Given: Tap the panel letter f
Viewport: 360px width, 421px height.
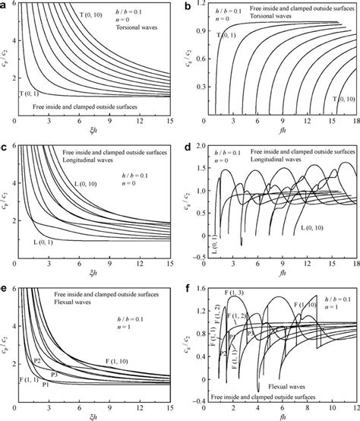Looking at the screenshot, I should point(189,286).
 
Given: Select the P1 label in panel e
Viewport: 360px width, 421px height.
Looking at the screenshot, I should point(46,385).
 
